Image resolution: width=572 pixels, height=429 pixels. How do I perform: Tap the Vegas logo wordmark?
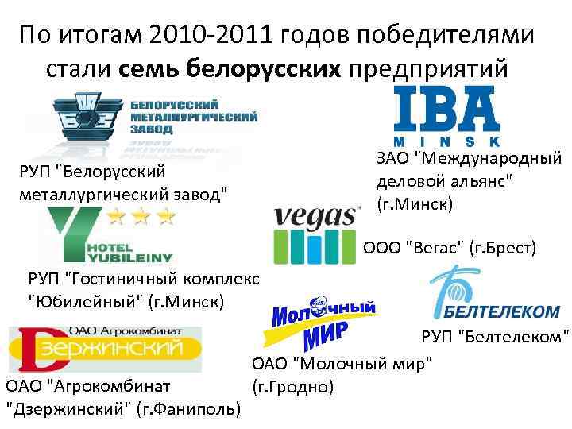(317, 215)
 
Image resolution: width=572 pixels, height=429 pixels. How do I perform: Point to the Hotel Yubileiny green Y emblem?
(71, 231)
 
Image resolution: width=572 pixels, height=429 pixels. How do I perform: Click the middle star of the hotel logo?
(141, 215)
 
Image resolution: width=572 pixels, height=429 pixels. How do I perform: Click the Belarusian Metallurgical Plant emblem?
(85, 119)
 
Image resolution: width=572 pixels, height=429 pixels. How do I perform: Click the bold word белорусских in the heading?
(263, 70)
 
